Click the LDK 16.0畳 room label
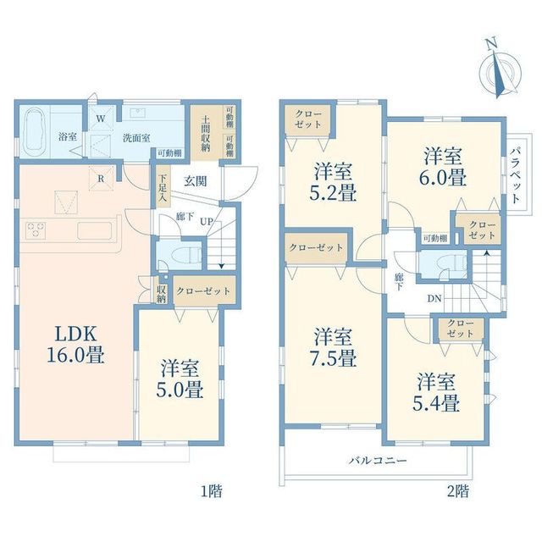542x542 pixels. pyautogui.click(x=75, y=345)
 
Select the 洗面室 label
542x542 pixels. pyautogui.click(x=136, y=138)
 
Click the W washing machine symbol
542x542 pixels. pyautogui.click(x=101, y=119)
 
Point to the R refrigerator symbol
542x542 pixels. pyautogui.click(x=101, y=179)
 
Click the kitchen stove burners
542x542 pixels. pyautogui.click(x=36, y=230)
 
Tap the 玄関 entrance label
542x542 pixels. pyautogui.click(x=196, y=180)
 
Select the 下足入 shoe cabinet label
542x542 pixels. pyautogui.click(x=162, y=188)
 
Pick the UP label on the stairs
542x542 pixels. pyautogui.click(x=207, y=221)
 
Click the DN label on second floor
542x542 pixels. pyautogui.click(x=434, y=298)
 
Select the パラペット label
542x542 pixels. pyautogui.click(x=516, y=174)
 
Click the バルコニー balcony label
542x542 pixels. pyautogui.click(x=378, y=461)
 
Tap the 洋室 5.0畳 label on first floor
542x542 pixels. pyautogui.click(x=180, y=379)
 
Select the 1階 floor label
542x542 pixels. pyautogui.click(x=212, y=490)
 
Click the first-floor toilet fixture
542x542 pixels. pyautogui.click(x=186, y=255)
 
